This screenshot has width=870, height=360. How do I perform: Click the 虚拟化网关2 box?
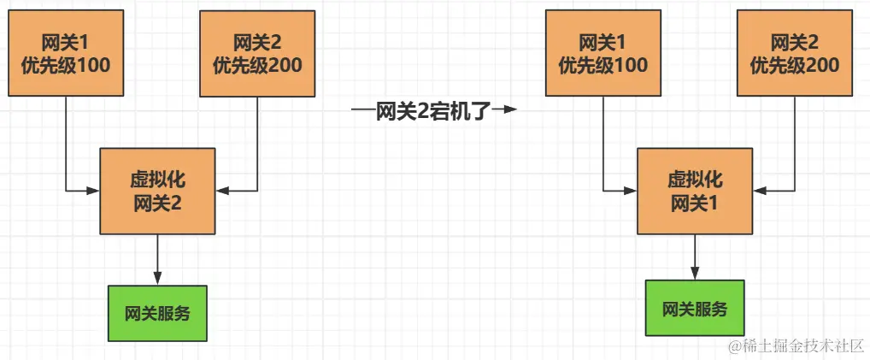157,191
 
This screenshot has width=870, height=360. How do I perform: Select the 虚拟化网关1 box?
695,191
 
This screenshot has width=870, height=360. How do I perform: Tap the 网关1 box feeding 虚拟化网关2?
66,53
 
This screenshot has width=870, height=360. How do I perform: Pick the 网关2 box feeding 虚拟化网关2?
256,53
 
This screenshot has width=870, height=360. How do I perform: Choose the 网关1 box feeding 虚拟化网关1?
603,53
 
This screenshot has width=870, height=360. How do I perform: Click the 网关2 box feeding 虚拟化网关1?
794,53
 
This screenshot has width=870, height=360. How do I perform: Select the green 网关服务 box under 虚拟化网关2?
157,312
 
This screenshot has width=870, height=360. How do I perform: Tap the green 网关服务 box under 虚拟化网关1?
695,309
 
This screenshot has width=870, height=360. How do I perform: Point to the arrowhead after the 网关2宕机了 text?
510,110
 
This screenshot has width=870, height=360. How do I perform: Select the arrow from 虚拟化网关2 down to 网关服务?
157,257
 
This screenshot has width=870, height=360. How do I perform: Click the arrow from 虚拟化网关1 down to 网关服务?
695,256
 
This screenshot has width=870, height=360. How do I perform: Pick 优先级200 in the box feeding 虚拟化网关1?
794,65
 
